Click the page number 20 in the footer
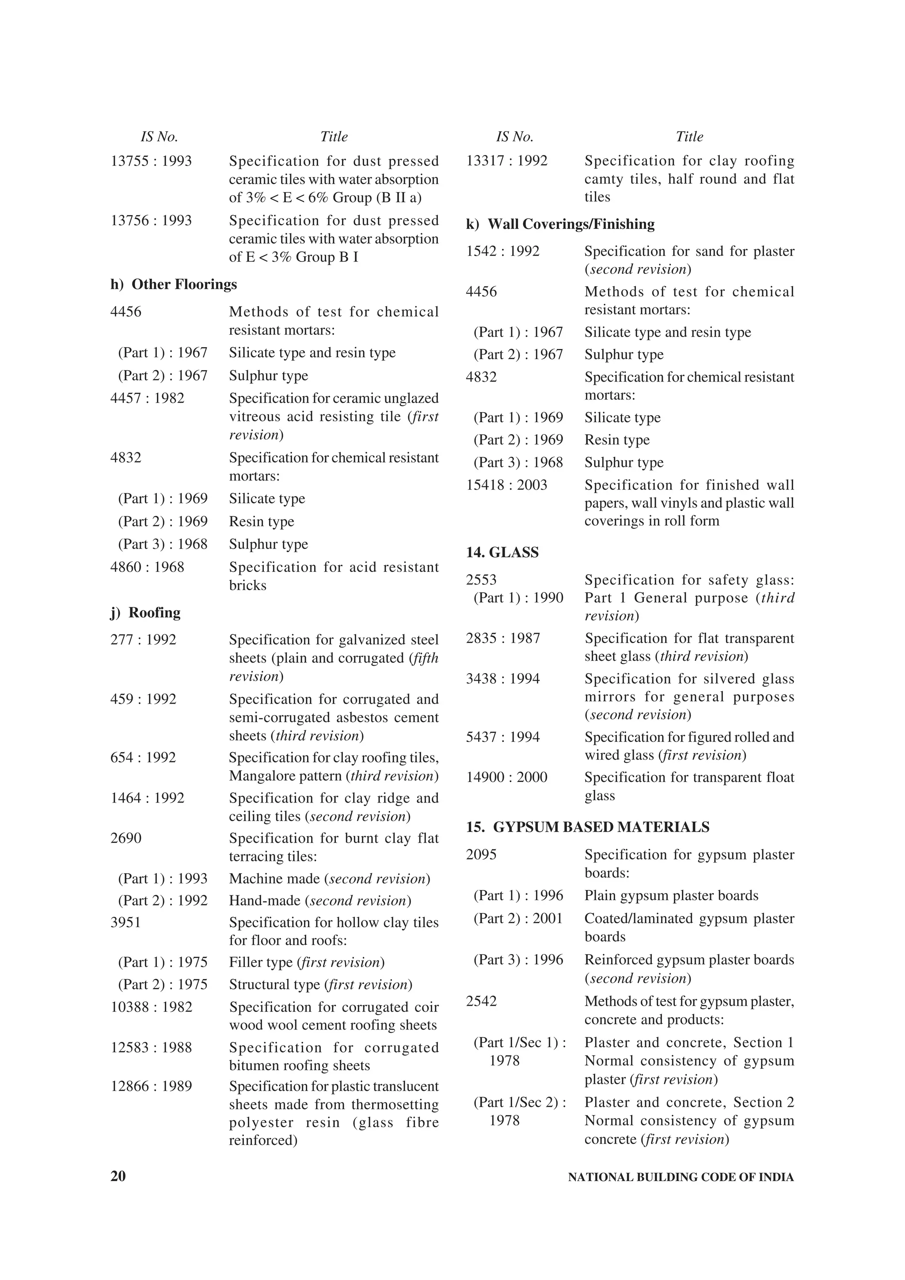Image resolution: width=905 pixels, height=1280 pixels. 118,1176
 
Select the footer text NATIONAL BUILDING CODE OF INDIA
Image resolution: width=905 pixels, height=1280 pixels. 680,1177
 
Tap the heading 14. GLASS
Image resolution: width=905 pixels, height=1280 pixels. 502,553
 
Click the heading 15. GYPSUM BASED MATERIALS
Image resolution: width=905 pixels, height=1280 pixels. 587,827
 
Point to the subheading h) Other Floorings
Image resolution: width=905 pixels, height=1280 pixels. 173,284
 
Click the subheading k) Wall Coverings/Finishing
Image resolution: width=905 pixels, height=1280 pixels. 560,224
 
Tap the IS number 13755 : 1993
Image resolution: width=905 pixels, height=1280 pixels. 151,161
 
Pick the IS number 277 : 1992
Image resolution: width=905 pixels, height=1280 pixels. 143,640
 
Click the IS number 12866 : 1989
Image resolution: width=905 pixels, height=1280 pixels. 151,1086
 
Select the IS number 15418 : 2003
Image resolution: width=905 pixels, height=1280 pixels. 506,485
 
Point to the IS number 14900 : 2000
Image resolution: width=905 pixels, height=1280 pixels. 506,777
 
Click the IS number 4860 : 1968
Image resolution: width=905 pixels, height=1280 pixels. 147,567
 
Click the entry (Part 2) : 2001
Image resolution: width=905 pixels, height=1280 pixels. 518,918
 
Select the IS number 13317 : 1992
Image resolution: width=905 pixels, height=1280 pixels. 506,161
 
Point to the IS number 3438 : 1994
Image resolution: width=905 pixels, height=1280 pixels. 502,678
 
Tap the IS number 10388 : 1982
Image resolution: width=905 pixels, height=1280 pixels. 151,1007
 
